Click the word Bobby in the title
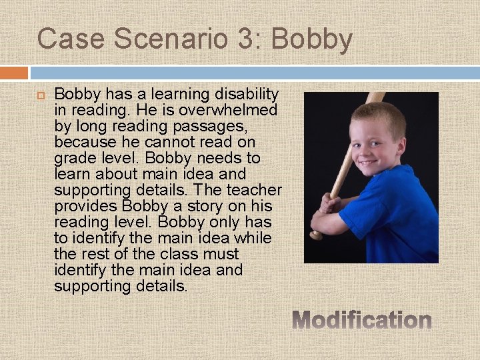pos(311,39)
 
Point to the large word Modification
pos(362,321)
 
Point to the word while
pos(254,239)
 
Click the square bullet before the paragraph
pos(39,96)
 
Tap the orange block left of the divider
pos(14,72)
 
